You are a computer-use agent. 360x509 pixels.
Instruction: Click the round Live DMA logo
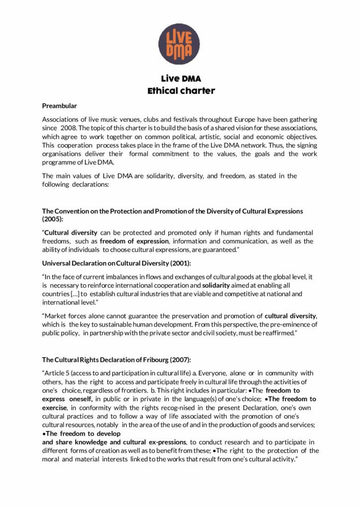pyautogui.click(x=179, y=43)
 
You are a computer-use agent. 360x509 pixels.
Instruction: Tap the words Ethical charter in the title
pyautogui.click(x=180, y=90)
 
